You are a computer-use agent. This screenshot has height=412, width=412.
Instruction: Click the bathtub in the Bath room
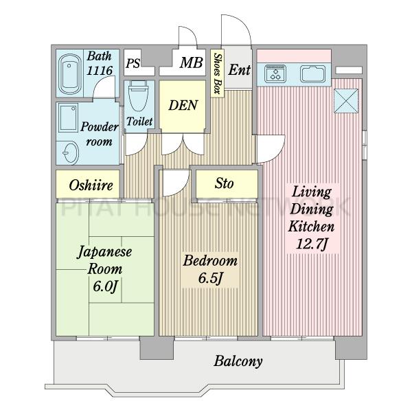click(69, 74)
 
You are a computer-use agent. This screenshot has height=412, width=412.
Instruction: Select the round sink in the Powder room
click(71, 152)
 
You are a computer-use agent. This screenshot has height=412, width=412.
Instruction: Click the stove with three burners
click(275, 73)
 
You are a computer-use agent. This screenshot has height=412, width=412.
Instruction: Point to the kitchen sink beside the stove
click(313, 74)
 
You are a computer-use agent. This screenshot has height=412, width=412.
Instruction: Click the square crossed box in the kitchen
click(346, 101)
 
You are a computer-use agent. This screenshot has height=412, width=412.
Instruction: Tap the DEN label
click(183, 105)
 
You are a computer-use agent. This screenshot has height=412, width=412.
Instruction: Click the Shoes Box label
click(217, 73)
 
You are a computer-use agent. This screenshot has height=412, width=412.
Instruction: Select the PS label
click(133, 63)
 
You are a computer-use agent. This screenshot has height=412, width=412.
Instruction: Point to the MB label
click(192, 62)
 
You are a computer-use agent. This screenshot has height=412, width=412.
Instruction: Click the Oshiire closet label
click(91, 185)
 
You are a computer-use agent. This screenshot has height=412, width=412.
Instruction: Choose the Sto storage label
click(224, 183)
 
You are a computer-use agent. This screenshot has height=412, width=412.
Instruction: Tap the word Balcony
click(238, 361)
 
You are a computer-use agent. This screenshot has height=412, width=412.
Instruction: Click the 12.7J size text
click(312, 244)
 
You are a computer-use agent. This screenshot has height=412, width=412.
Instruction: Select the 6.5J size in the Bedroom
click(211, 279)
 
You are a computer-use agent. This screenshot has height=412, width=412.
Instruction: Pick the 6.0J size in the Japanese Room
click(105, 286)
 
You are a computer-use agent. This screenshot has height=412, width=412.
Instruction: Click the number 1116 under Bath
click(100, 71)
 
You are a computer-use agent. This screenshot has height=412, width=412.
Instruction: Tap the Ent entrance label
click(240, 70)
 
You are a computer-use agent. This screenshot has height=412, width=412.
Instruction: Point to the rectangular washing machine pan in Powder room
click(68, 117)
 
